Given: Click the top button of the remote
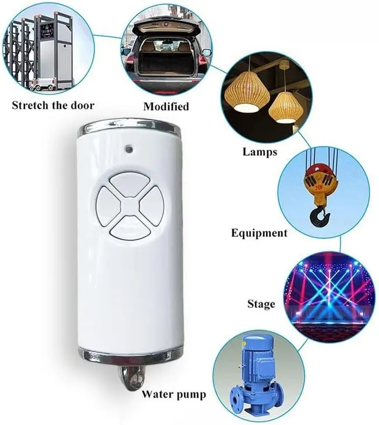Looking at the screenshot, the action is click(129, 185).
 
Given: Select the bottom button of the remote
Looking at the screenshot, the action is click(130, 229).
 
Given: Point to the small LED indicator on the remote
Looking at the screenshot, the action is click(128, 148).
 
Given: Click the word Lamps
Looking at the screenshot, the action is click(260, 152).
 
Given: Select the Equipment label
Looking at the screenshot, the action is click(259, 233).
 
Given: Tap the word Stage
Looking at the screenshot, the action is click(261, 304).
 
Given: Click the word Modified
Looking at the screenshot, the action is click(166, 106).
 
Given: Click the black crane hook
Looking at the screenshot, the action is click(320, 216).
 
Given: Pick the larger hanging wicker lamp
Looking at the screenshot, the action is click(247, 91).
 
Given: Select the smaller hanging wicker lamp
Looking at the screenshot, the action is click(286, 107).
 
